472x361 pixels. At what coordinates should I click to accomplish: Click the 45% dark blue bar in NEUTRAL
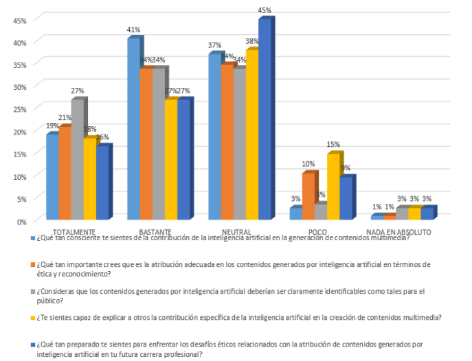pos(265,120)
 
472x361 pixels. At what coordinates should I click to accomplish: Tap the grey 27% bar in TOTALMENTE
pos(77,160)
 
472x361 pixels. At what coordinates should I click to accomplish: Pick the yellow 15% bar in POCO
pos(333,187)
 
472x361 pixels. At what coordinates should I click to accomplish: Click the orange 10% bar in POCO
pos(308,197)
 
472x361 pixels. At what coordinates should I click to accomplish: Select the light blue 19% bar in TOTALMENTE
pos(52,177)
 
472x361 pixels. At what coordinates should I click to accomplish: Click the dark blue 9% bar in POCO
pos(346,199)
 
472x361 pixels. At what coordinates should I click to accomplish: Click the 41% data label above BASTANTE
pos(133,30)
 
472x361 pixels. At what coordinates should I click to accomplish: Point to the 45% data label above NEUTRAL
pos(265,10)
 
